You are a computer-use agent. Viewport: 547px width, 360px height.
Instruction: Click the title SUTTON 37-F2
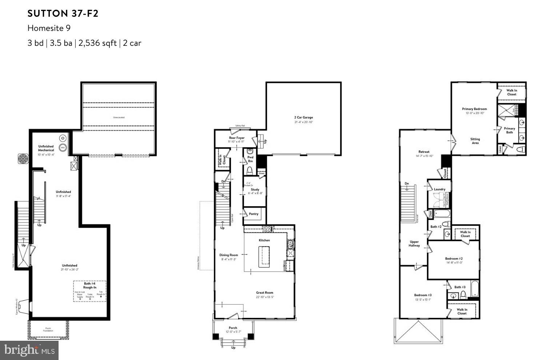tap(63, 14)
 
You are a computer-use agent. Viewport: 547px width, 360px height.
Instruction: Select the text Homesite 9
tap(49, 28)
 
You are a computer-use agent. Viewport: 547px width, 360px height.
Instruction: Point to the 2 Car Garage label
tap(303, 117)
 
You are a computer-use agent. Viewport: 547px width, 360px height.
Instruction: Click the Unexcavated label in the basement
tap(119, 117)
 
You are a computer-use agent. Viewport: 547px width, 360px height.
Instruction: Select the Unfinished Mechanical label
tap(46, 148)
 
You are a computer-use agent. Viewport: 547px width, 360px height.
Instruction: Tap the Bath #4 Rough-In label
tap(90, 285)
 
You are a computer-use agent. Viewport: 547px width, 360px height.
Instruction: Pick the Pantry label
tap(253, 214)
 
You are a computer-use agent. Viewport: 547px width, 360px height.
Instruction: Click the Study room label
tap(255, 189)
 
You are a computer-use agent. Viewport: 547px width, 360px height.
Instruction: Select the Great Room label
tap(264, 292)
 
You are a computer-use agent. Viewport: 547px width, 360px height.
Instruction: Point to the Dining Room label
tap(228, 255)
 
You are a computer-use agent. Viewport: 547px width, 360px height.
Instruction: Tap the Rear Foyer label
tap(236, 138)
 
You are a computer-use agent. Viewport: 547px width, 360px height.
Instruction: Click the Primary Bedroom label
tap(474, 109)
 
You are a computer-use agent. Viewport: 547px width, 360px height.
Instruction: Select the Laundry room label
tap(439, 189)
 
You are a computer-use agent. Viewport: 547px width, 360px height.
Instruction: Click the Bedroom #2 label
tap(454, 259)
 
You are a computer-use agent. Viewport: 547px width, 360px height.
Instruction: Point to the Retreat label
tap(424, 152)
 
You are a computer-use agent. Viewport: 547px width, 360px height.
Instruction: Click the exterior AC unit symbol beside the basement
tap(23, 159)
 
